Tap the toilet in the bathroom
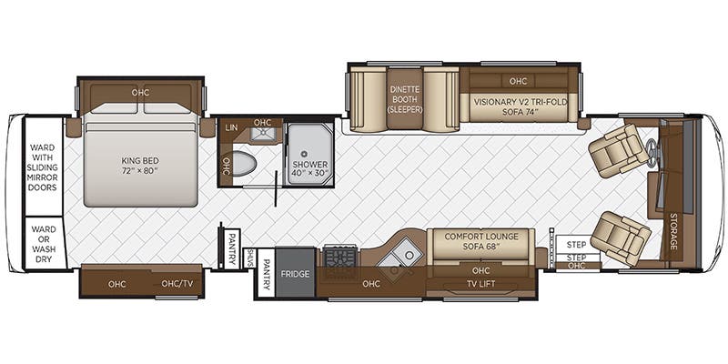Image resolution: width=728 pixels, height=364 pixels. (x=243, y=164)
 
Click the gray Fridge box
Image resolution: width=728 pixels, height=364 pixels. (x=295, y=273)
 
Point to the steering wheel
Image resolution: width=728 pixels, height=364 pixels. (x=653, y=154)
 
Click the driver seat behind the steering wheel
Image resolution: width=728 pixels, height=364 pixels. (x=620, y=150)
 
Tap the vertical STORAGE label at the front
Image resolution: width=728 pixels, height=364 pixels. (x=673, y=231)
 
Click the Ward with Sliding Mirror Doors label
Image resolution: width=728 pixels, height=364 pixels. (x=43, y=167)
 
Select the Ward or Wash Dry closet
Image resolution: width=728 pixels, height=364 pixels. (x=43, y=243)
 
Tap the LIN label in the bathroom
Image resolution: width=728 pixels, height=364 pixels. (x=231, y=127)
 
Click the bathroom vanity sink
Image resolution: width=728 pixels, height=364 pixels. (x=262, y=136)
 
